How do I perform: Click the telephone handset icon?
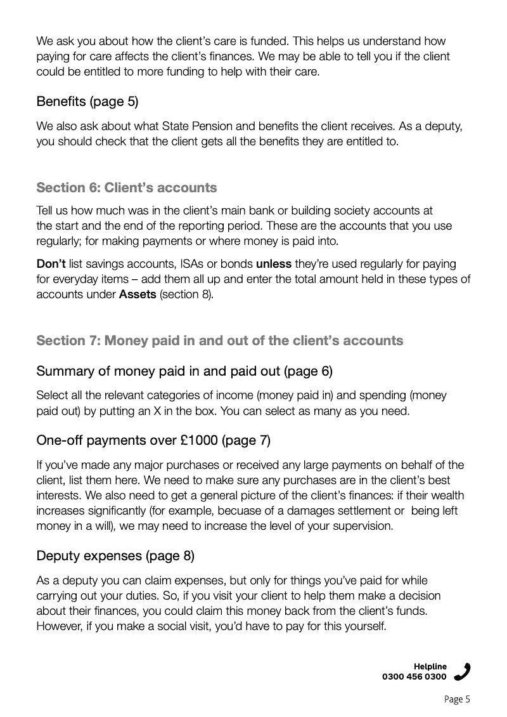463,671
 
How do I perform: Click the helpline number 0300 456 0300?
414,676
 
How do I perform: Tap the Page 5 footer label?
457,699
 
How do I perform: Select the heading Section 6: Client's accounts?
127,188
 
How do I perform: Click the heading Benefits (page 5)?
87,101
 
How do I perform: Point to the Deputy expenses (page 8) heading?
115,556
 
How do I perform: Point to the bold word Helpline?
430,666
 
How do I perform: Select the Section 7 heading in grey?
219,341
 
